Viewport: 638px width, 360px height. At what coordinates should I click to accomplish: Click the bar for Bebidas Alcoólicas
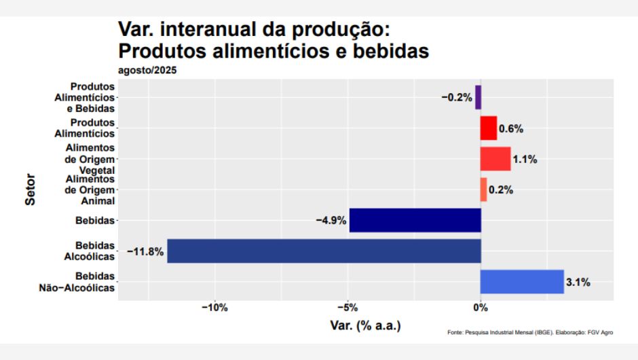[x=324, y=251]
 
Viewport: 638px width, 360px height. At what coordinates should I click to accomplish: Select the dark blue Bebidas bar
[x=415, y=220]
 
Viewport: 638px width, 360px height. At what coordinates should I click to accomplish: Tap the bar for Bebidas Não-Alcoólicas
[x=522, y=281]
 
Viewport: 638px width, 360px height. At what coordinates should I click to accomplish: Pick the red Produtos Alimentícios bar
[x=489, y=128]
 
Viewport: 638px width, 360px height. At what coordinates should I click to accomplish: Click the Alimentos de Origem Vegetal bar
[x=495, y=159]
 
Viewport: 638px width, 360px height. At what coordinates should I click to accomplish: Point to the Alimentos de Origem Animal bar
[x=483, y=190]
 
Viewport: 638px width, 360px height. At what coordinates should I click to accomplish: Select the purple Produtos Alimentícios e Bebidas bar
[x=478, y=97]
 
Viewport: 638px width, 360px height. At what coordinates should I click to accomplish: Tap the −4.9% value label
[x=331, y=221]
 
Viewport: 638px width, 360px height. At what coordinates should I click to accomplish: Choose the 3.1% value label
[x=578, y=282]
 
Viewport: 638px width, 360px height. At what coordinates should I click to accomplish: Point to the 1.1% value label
[x=525, y=160]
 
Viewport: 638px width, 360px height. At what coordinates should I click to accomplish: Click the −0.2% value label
[x=456, y=98]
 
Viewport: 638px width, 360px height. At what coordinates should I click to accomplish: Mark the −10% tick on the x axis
[x=215, y=308]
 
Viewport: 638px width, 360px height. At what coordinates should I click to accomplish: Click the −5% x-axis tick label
[x=348, y=308]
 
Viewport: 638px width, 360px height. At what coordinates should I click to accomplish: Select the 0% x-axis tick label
[x=481, y=308]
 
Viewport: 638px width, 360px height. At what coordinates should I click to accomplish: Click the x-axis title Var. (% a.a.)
[x=366, y=325]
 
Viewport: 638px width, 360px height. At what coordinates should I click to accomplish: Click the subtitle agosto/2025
[x=147, y=70]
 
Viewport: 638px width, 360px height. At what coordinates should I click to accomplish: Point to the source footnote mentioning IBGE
[x=530, y=332]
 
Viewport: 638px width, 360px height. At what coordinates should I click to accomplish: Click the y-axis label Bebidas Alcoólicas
[x=94, y=251]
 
